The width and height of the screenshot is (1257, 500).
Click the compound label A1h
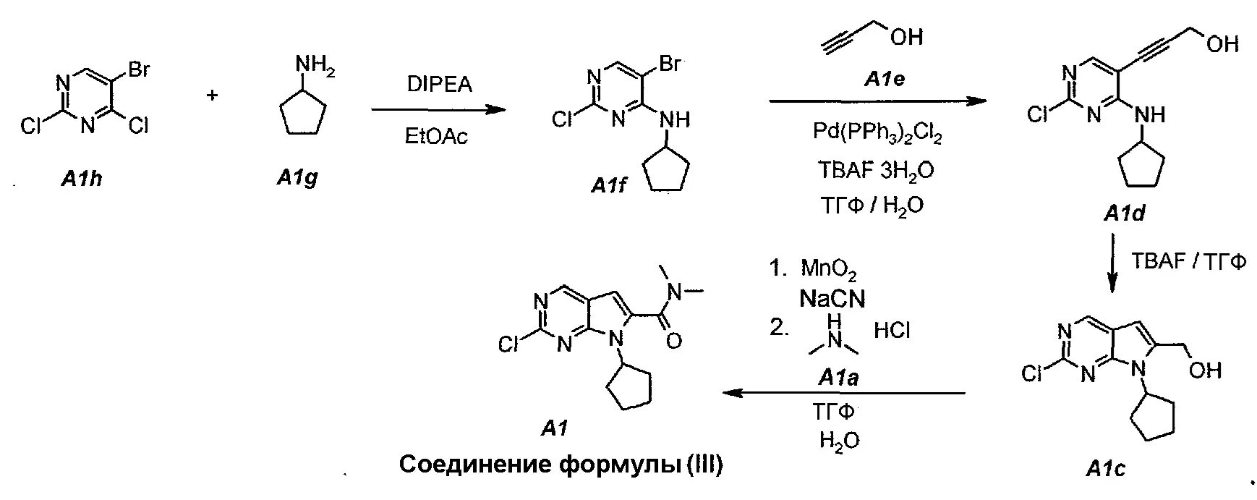81,178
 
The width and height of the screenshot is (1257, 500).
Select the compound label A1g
297,177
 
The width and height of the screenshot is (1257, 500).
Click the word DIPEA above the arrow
439,85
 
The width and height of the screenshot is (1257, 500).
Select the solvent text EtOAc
436,137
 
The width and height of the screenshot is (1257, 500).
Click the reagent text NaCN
832,298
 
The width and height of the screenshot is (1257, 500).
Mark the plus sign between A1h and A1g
213,95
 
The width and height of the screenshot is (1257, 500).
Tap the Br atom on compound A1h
138,70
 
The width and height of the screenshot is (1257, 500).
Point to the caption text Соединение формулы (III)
561,465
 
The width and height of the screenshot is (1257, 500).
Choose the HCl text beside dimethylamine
892,331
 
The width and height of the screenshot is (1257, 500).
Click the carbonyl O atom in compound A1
673,339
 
